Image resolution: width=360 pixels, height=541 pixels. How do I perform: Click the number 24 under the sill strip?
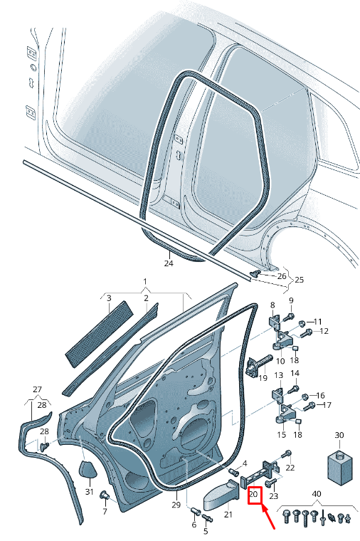pyautogui.click(x=169, y=263)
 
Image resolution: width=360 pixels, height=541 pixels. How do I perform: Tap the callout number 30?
pyautogui.click(x=339, y=435)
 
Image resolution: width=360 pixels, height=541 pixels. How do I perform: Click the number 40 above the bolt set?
pyautogui.click(x=316, y=493)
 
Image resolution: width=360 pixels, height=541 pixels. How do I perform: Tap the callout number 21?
pyautogui.click(x=228, y=514)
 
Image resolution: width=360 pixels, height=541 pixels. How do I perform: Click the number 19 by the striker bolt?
pyautogui.click(x=263, y=377)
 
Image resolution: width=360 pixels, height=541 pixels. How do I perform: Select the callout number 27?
pyautogui.click(x=38, y=389)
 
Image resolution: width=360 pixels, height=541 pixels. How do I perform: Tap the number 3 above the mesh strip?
pyautogui.click(x=109, y=298)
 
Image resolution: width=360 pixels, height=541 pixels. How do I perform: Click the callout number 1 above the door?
pyautogui.click(x=144, y=282)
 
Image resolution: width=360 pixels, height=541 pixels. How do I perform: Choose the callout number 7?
pyautogui.click(x=105, y=512)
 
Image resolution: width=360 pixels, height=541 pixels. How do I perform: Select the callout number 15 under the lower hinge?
pyautogui.click(x=281, y=434)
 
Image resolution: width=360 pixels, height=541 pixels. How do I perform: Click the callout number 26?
pyautogui.click(x=282, y=276)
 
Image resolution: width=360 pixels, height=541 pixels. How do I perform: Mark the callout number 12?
pyautogui.click(x=324, y=331)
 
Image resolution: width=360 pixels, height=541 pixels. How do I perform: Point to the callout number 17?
pyautogui.click(x=327, y=406)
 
